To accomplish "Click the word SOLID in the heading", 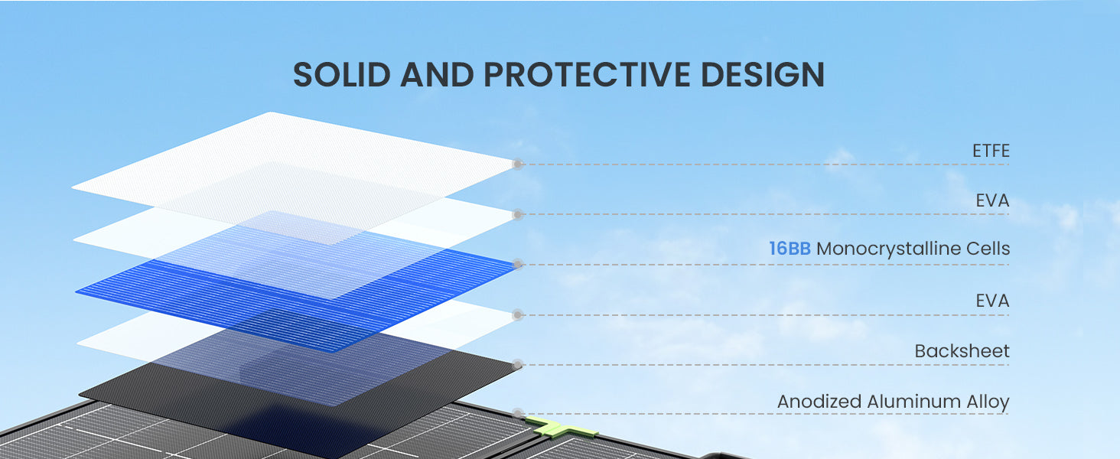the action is click(x=341, y=74).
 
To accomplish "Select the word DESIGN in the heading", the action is click(x=763, y=74).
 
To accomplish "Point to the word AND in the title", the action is click(x=437, y=74).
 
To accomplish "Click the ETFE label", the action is click(x=991, y=151).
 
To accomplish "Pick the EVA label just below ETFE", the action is click(x=992, y=200).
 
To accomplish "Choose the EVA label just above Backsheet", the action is click(x=992, y=301).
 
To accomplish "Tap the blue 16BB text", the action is click(x=790, y=249).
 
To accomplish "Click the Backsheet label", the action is click(x=962, y=351).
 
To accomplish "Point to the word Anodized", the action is click(x=819, y=402).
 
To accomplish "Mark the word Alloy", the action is click(x=988, y=402).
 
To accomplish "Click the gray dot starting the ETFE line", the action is click(x=518, y=164).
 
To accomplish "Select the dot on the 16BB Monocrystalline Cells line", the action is click(x=518, y=264).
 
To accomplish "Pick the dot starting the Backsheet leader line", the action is click(x=518, y=364).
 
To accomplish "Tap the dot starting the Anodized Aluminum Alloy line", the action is click(x=518, y=414).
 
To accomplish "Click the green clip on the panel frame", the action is click(x=559, y=428).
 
